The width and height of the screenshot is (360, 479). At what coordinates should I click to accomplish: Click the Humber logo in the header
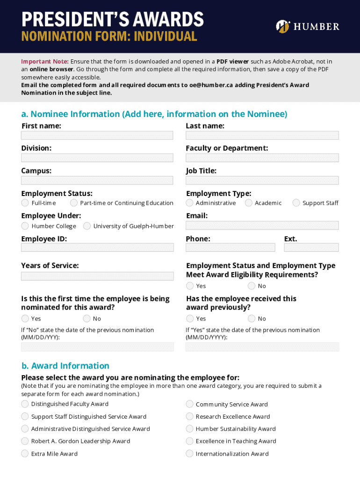coord(308,26)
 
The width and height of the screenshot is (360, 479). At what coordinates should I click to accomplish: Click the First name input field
coord(97,135)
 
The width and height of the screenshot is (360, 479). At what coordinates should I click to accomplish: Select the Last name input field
coord(262,135)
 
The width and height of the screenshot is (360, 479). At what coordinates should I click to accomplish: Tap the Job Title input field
coord(262,180)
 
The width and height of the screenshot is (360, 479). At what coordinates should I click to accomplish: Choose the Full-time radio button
coord(25,203)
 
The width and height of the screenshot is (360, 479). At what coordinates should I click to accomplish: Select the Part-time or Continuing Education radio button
coord(74,203)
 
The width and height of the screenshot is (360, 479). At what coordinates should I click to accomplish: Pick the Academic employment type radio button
coord(249,203)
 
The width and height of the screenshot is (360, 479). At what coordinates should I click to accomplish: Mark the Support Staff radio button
coord(296,203)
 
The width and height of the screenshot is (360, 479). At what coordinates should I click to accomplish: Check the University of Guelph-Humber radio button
coord(87,226)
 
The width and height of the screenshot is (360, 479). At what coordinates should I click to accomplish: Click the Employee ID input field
coord(97,247)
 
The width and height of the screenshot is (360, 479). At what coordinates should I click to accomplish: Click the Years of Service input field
coord(97,276)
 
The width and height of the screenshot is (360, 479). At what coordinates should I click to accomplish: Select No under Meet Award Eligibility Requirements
coord(252,286)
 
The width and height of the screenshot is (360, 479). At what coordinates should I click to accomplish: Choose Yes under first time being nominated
coord(25,319)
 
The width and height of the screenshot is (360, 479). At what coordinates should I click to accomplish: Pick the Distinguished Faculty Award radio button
coord(25,404)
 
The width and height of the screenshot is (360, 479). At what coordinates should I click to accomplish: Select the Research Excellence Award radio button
coord(189,416)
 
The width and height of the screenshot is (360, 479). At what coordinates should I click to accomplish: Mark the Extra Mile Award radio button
coord(25,453)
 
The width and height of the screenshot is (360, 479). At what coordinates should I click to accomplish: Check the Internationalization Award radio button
coord(189,453)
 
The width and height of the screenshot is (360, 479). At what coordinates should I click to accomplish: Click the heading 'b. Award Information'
coord(65,366)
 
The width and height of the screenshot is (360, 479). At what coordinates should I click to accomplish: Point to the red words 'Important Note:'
coord(44,61)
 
